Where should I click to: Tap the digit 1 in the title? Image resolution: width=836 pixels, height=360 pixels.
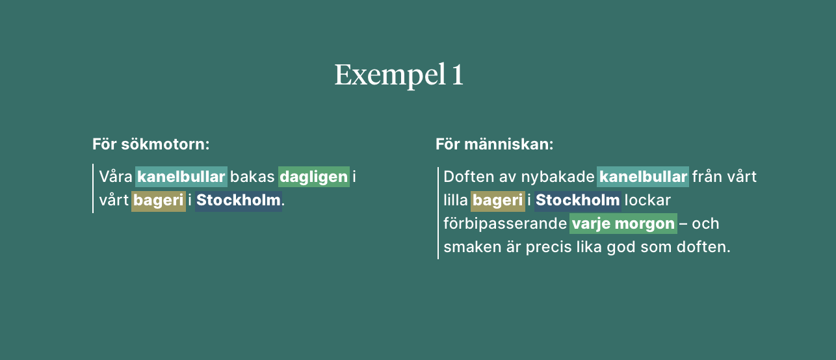457,75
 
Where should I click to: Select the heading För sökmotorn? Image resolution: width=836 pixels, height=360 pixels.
151,144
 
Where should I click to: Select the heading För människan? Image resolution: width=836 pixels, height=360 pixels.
494,144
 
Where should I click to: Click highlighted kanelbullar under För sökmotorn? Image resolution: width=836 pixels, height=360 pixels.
181,177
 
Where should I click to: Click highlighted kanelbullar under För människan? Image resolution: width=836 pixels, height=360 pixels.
643,177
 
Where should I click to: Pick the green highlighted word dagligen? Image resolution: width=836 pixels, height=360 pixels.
314,177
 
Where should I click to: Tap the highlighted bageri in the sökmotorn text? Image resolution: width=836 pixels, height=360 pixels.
159,201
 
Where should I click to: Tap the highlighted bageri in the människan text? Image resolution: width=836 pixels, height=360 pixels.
498,201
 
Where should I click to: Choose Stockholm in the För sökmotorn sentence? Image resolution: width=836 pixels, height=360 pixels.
239,201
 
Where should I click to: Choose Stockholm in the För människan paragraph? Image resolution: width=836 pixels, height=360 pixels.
578,201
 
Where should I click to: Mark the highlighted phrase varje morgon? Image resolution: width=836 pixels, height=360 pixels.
623,224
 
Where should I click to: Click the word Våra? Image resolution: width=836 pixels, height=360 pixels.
116,177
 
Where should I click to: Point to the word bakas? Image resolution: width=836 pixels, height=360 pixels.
253,177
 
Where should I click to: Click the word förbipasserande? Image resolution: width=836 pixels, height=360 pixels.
505,224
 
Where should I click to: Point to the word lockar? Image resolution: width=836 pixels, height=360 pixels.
647,201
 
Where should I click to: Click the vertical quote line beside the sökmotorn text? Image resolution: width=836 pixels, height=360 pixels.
93,188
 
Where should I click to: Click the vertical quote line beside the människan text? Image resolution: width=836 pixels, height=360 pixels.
438,212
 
